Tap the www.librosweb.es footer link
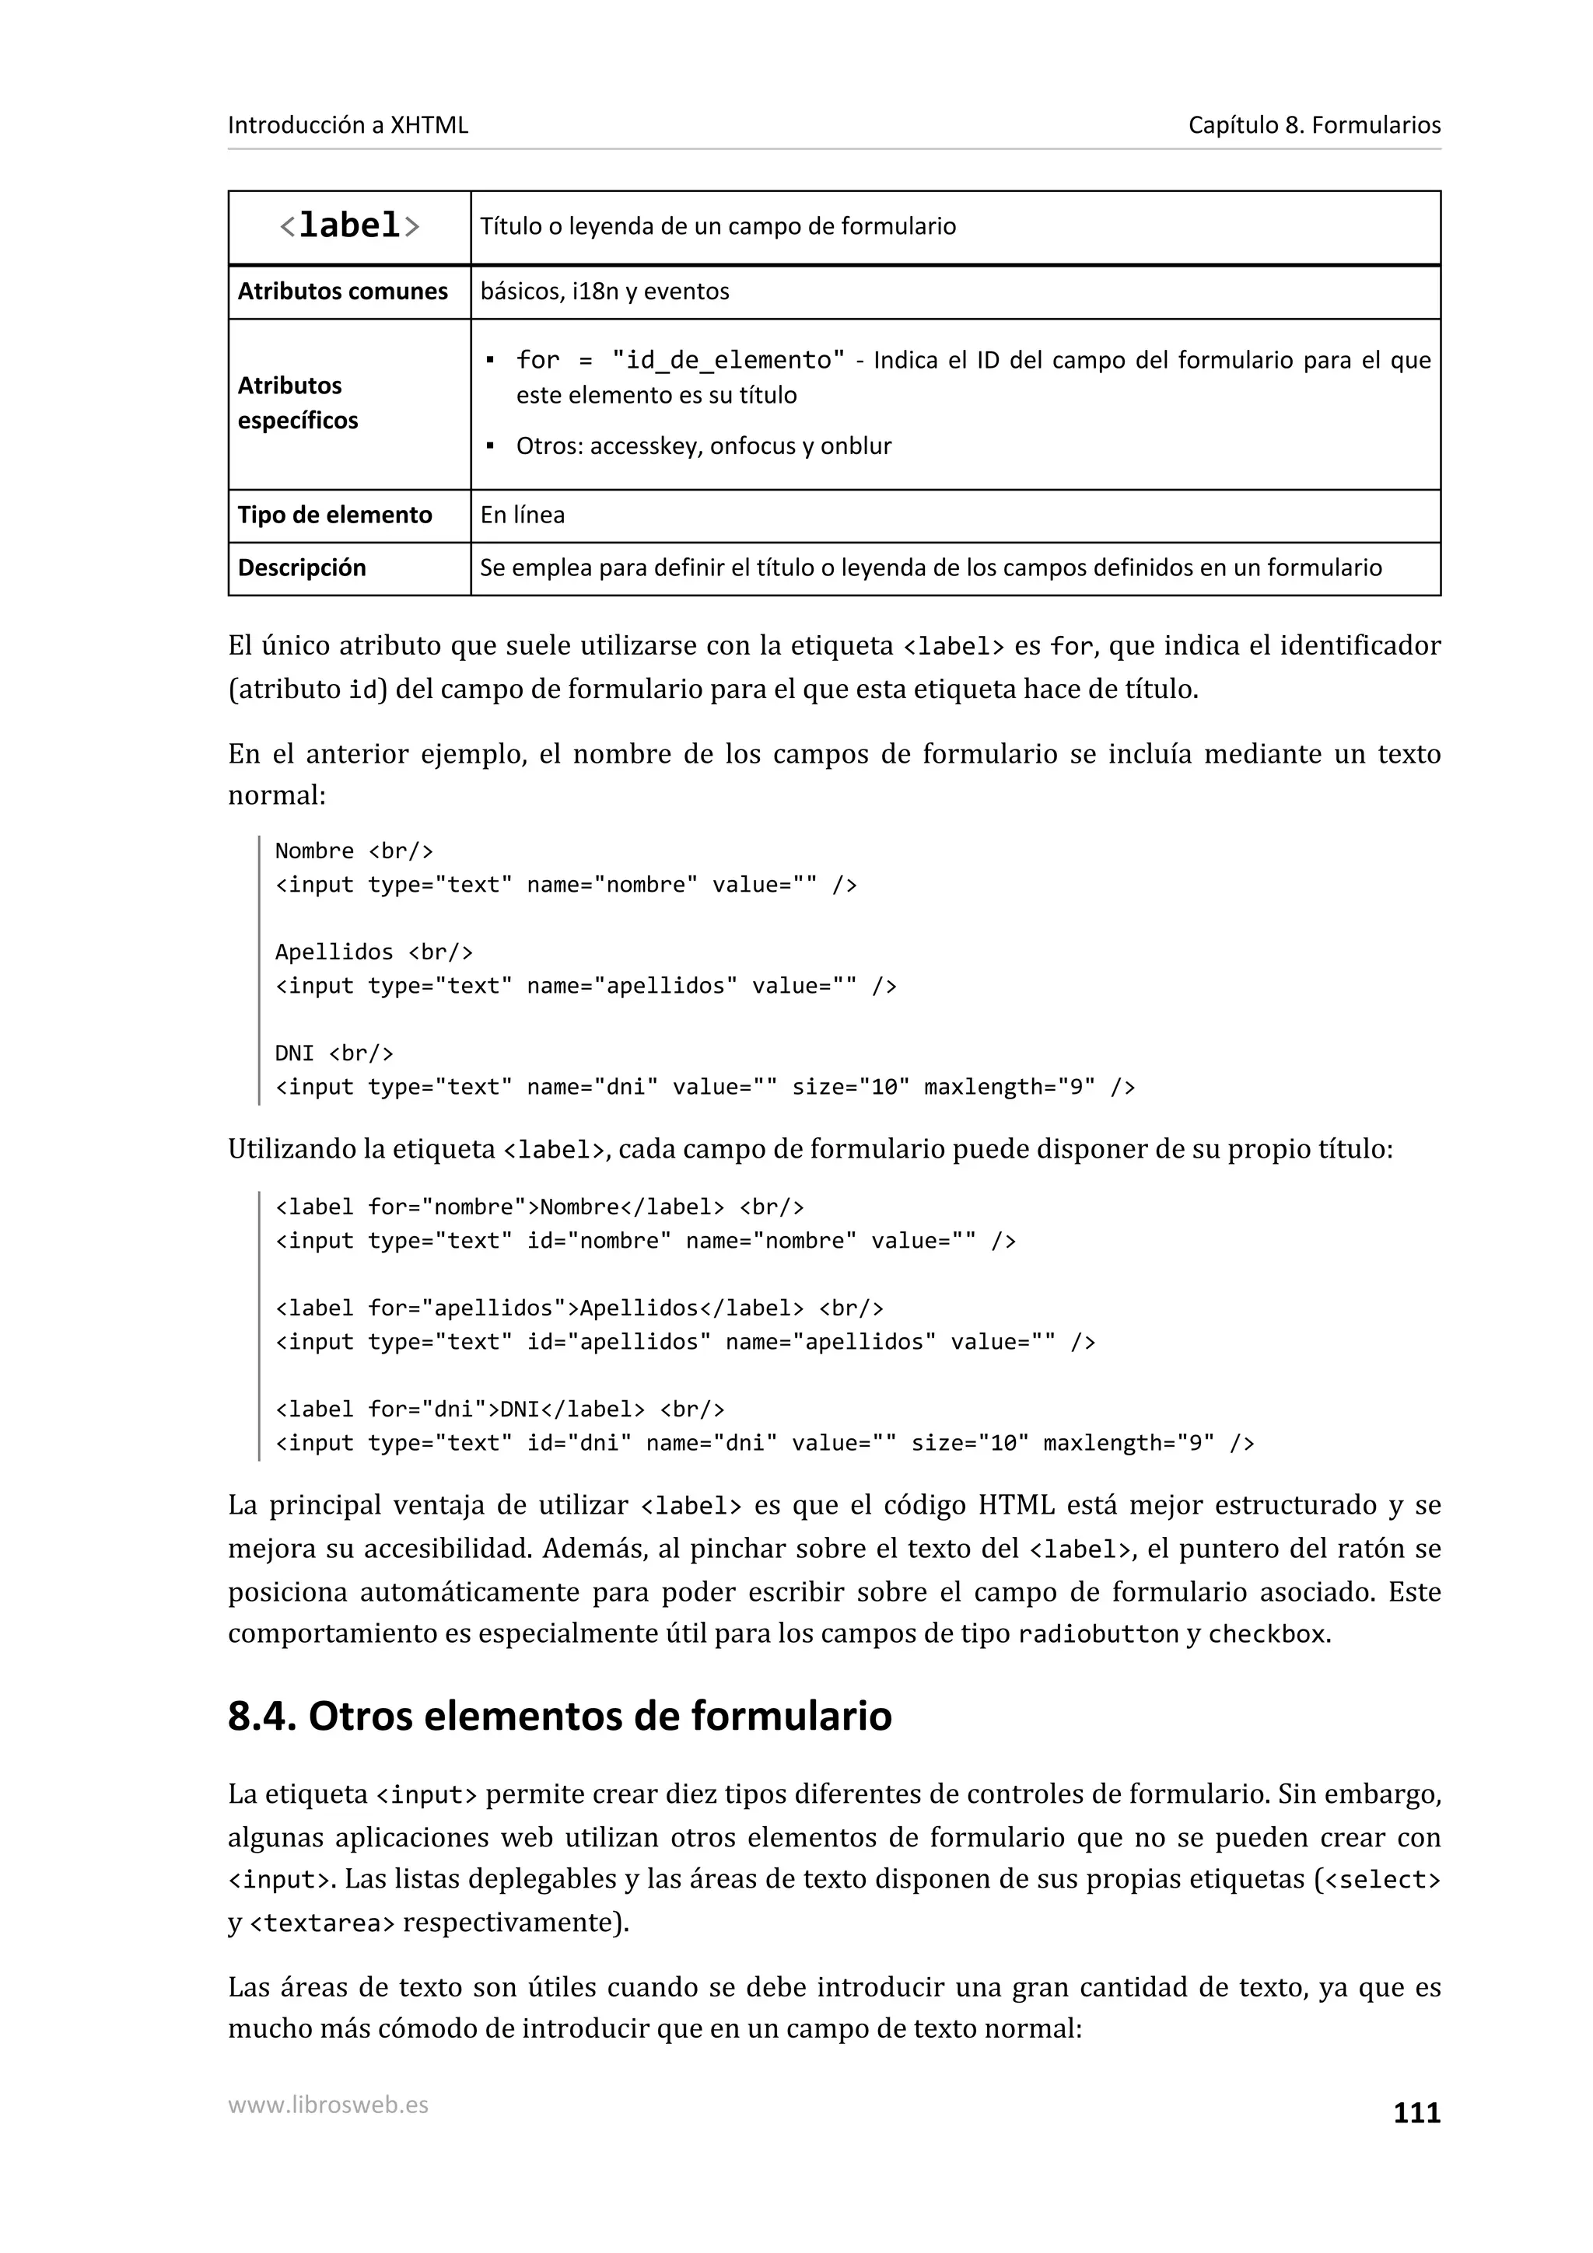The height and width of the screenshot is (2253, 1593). tap(327, 2104)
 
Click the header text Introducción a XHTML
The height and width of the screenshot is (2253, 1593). tap(348, 124)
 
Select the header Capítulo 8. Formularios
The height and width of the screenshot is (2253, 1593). tap(1313, 124)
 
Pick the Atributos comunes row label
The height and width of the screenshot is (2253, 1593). tap(341, 292)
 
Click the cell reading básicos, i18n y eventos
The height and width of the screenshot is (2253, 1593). tap(604, 292)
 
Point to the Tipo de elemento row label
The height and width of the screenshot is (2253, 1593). tap(334, 515)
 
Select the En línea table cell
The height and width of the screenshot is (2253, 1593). tap(522, 515)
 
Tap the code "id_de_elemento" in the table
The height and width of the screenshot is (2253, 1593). tap(727, 360)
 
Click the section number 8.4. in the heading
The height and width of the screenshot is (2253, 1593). tap(261, 1717)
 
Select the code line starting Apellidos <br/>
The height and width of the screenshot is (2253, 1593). tap(373, 952)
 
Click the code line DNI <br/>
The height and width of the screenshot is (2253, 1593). tap(334, 1053)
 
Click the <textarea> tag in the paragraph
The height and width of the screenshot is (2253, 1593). tap(322, 1923)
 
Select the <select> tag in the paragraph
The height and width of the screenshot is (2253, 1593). tap(1382, 1880)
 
